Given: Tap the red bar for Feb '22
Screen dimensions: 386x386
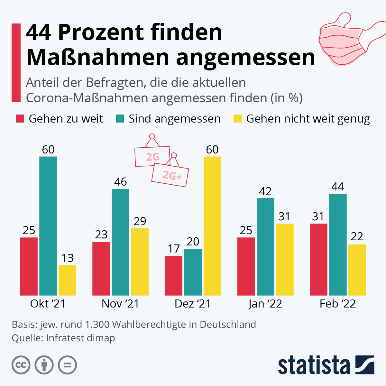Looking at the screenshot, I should [x=318, y=259].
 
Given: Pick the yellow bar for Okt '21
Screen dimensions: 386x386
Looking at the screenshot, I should [x=67, y=280].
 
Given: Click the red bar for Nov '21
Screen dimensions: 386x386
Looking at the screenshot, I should [x=101, y=269].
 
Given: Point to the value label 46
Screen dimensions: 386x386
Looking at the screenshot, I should [x=121, y=182].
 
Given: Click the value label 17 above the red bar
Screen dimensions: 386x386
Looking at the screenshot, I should [x=174, y=249].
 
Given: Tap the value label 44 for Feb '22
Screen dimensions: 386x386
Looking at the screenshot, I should [x=338, y=187].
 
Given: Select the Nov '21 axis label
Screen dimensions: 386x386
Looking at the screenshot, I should [x=120, y=304].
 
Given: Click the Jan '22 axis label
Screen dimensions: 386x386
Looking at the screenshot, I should [x=265, y=304].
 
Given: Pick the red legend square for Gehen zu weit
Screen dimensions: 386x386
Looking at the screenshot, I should [x=20, y=119].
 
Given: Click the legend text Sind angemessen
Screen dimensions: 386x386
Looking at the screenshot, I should [x=174, y=119].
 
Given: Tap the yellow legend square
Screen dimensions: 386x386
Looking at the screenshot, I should [x=237, y=119].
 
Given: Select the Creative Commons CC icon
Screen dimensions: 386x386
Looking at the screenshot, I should [x=21, y=365].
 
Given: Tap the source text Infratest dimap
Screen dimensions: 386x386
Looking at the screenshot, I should [x=80, y=338].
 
